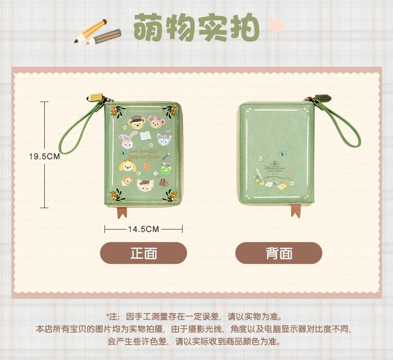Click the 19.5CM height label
pyautogui.click(x=44, y=156)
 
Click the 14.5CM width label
pyautogui.click(x=143, y=229)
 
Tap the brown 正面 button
pyautogui.click(x=143, y=253)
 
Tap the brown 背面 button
pyautogui.click(x=279, y=253)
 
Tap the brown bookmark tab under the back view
pyautogui.click(x=296, y=210)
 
